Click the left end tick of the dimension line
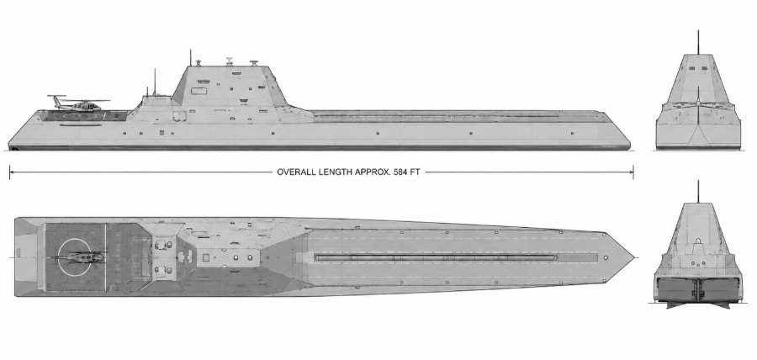point(9,172)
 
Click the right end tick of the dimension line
point(633,172)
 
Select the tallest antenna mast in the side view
point(190,57)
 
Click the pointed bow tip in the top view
point(634,257)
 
